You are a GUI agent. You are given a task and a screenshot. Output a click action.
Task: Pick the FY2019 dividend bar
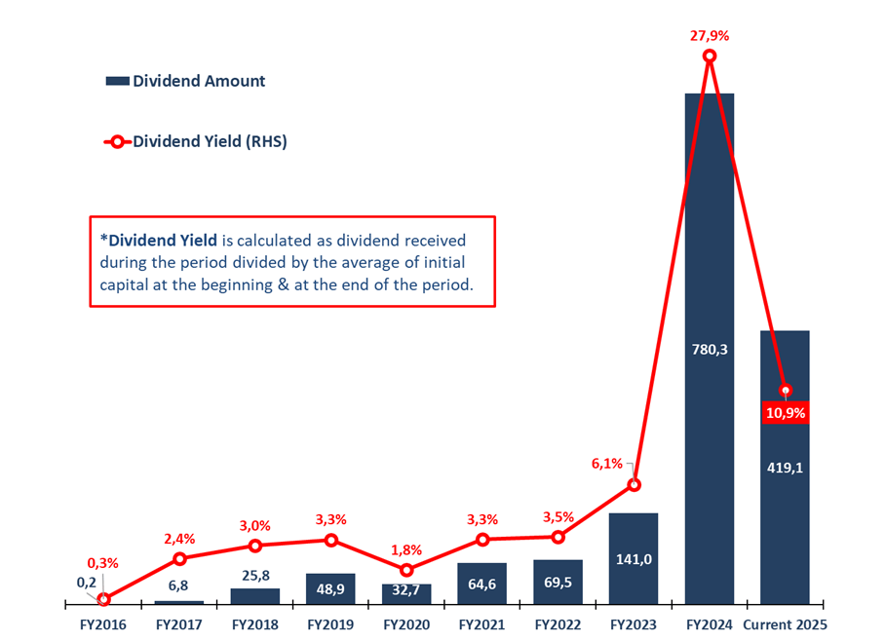point(330,589)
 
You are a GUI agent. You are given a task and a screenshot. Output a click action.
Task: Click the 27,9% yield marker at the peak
point(710,57)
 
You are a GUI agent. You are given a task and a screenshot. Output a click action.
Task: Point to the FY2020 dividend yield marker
point(406,570)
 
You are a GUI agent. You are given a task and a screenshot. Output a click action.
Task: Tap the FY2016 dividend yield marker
point(103,599)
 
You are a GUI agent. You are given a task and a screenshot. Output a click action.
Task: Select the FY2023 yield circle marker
point(634,485)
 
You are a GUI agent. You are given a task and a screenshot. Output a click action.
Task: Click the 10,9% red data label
point(785,413)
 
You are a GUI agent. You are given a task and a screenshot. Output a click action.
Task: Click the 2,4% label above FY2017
point(180,537)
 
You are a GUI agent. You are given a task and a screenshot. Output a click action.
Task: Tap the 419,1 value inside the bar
point(785,467)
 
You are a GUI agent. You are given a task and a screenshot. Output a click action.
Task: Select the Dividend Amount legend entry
point(185,81)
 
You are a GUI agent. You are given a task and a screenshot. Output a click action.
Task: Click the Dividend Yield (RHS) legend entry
point(195,141)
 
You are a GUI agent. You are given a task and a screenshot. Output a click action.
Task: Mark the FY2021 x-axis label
point(481,623)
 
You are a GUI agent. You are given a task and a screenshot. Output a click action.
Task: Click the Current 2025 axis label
point(785,623)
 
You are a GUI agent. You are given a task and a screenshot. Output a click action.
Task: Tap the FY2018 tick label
point(254,623)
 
